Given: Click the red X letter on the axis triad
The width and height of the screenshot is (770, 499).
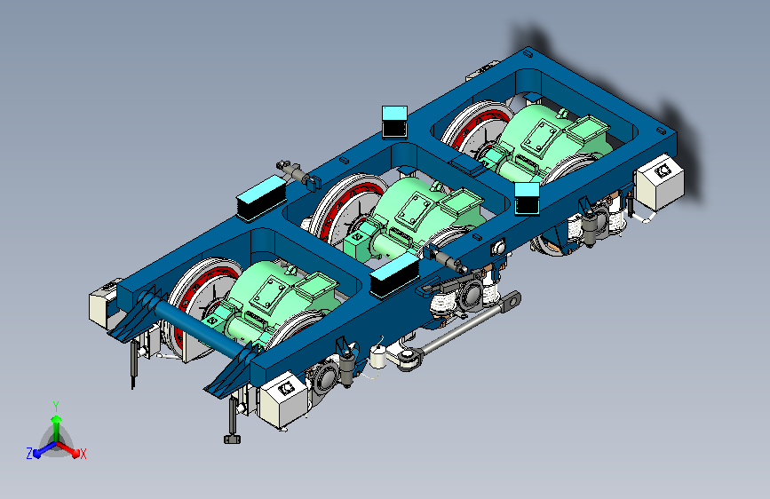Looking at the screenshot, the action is click(83, 455).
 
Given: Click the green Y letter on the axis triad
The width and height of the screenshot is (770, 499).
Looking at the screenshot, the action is click(56, 406).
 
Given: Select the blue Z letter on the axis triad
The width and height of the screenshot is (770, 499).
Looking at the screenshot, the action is click(29, 454).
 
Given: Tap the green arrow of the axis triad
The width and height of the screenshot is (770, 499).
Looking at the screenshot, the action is click(57, 427).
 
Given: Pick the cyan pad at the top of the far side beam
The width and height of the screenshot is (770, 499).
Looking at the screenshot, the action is click(395, 122).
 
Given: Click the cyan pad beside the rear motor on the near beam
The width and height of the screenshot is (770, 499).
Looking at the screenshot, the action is click(527, 198).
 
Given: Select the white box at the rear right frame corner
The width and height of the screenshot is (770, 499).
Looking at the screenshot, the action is click(659, 181).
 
